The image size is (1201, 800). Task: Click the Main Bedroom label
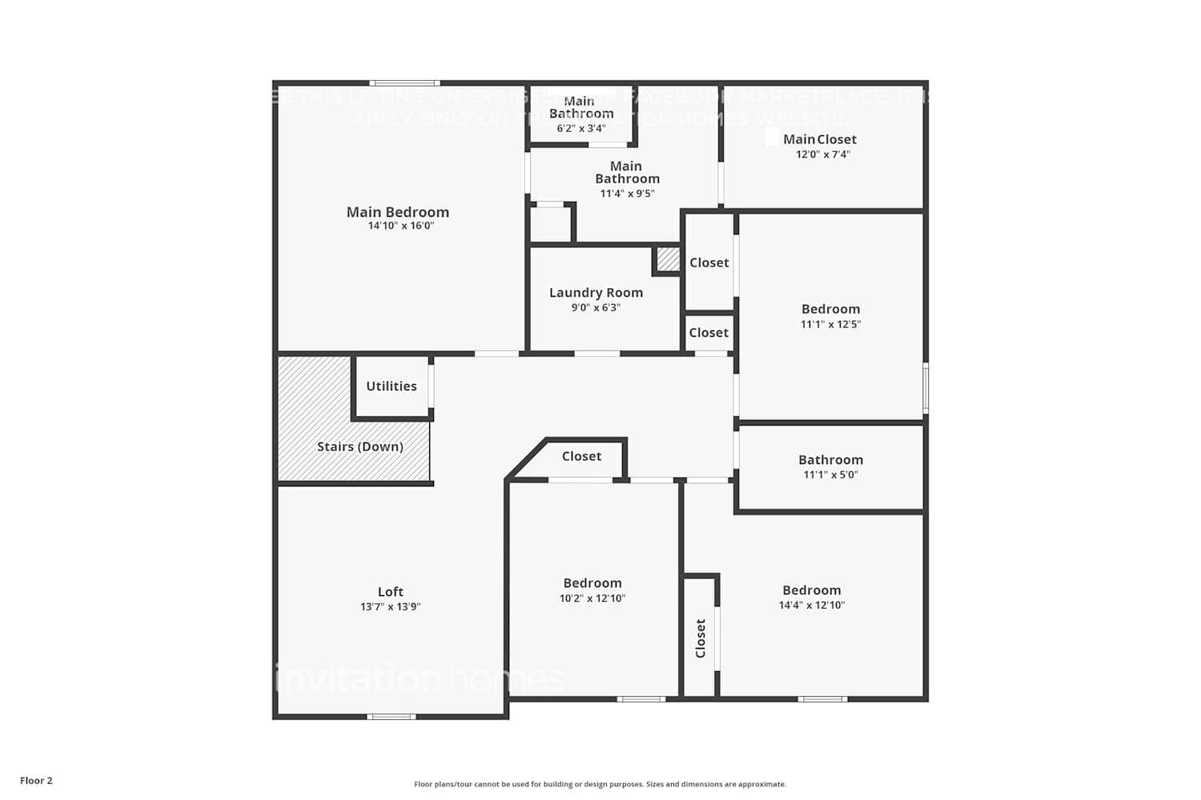tap(397, 212)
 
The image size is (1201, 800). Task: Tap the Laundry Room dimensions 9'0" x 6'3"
tap(596, 308)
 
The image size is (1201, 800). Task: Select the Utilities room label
tap(392, 386)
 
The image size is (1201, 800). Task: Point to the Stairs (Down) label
tap(359, 446)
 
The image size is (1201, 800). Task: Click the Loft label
tap(390, 592)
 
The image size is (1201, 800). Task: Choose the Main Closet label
tap(820, 139)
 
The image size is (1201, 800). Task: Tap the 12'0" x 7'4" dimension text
tap(823, 154)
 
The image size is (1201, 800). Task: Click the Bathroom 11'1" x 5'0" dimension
tap(830, 474)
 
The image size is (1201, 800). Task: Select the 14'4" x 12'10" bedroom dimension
tap(811, 606)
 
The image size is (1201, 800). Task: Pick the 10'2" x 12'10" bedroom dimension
tap(592, 598)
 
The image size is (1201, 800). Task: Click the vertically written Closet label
tap(701, 638)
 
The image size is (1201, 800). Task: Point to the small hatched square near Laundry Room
tap(668, 259)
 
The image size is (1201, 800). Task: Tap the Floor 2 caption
tap(36, 781)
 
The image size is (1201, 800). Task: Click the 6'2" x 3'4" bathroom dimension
tap(581, 128)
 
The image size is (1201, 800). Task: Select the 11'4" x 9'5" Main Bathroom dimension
tap(627, 194)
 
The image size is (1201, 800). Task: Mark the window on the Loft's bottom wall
tap(391, 716)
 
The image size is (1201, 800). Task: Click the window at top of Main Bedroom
tap(404, 83)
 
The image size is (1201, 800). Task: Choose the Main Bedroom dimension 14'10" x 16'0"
tap(400, 226)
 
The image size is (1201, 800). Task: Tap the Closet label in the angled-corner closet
tap(581, 456)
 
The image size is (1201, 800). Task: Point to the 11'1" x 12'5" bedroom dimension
tap(830, 324)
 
